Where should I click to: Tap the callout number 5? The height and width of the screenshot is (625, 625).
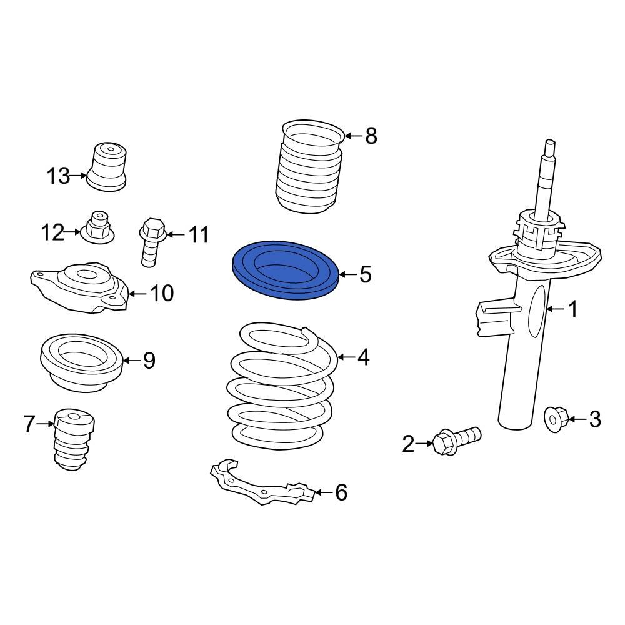pos(366,274)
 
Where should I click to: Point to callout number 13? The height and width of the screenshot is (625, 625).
pos(58,176)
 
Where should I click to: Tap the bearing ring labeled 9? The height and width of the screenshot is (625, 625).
pos(80,362)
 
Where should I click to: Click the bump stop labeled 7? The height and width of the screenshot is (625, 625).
pos(74,441)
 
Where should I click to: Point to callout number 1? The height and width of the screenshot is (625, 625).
pos(572,309)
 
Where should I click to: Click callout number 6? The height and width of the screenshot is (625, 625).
pos(341,492)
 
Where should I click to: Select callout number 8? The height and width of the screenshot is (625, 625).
pos(371,135)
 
